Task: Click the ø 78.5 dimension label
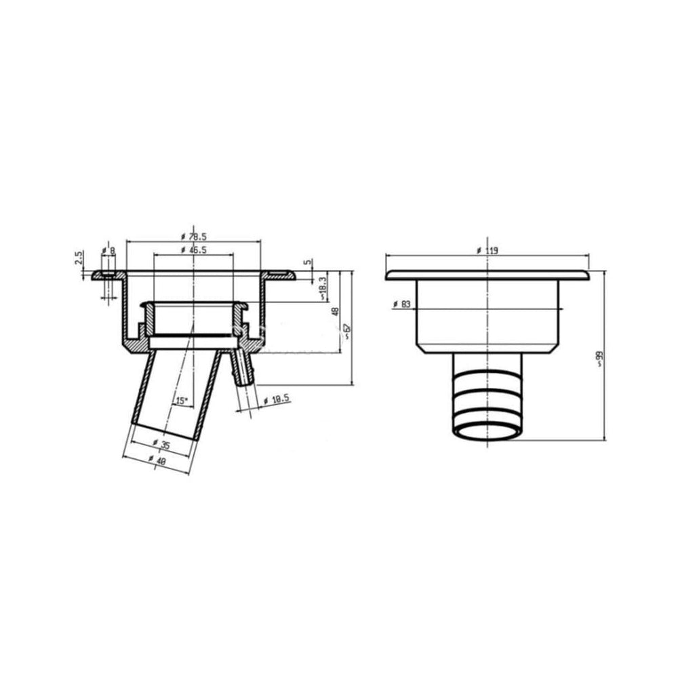[x=193, y=237]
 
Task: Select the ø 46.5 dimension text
[x=193, y=250]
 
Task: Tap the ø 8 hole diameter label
[x=108, y=250]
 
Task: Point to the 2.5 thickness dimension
[x=78, y=258]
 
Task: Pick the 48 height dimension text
[x=335, y=311]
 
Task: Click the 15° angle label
[x=182, y=401]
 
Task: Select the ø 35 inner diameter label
[x=162, y=444]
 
